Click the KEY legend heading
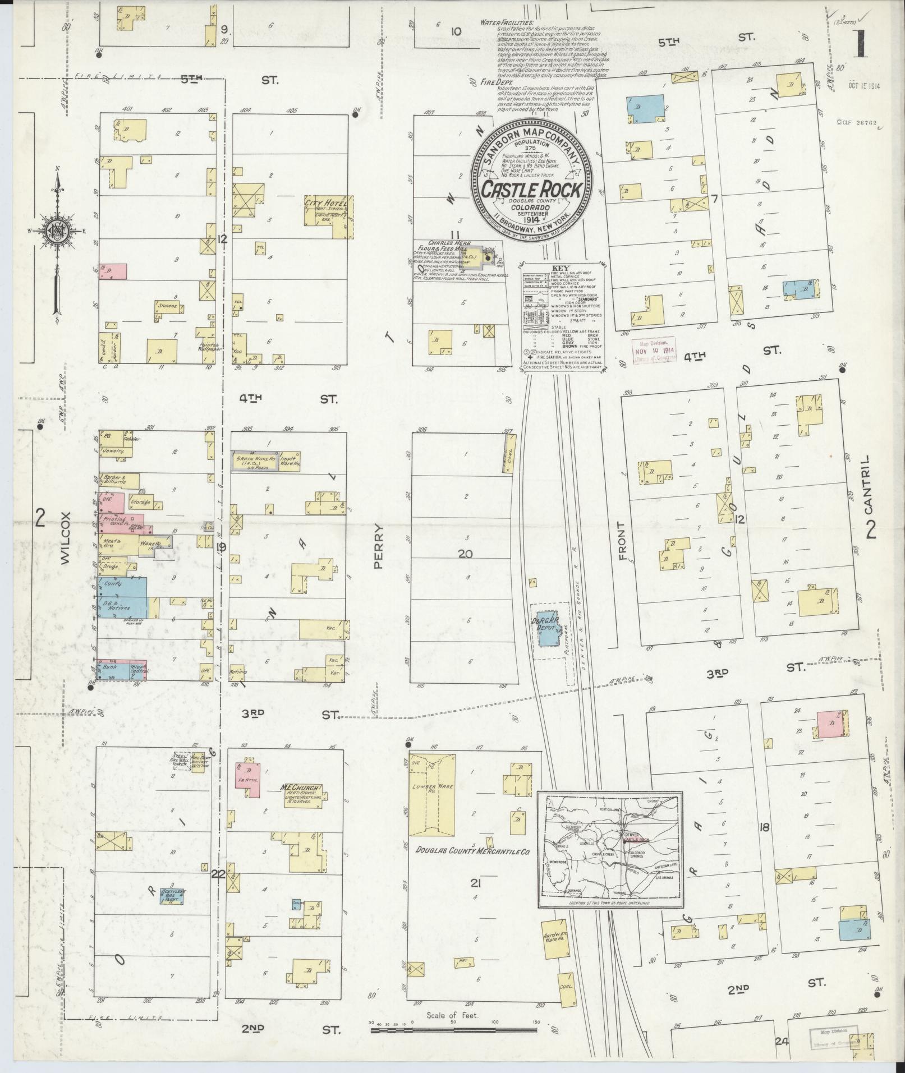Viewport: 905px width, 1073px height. (x=561, y=268)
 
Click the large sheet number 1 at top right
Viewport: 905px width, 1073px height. (x=860, y=44)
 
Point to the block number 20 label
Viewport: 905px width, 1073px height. (x=465, y=554)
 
